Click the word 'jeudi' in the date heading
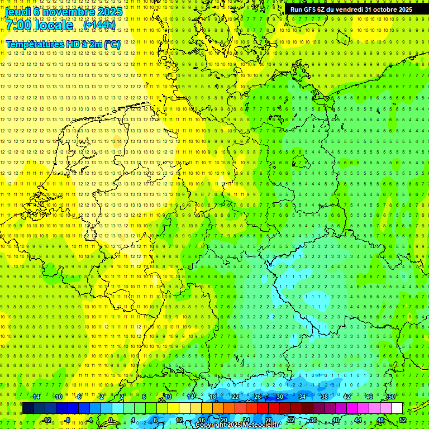(18, 11)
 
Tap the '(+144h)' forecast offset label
(99, 25)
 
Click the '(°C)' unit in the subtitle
(112, 44)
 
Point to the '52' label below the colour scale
(403, 420)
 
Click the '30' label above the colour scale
(279, 397)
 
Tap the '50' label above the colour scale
(391, 397)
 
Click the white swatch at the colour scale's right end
(397, 408)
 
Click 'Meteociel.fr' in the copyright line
(261, 425)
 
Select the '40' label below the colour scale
(335, 420)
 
